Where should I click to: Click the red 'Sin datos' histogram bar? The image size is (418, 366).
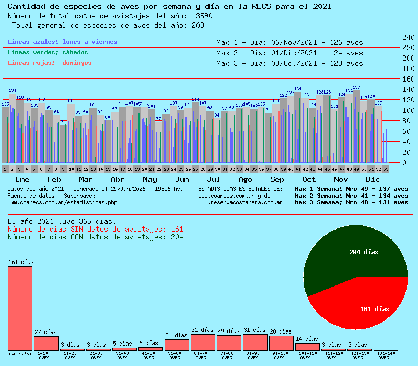coord(20,308)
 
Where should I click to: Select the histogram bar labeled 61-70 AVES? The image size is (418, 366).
coord(203,342)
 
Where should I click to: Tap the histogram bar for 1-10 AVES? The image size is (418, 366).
coord(46,344)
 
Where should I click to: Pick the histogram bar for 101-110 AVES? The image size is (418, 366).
coord(307,347)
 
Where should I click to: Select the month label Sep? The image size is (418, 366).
coord(277,179)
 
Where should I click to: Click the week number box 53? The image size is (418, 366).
coord(386,169)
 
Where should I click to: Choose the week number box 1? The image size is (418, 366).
coord(5,169)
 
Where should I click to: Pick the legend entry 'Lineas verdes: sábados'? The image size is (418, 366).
coord(48,52)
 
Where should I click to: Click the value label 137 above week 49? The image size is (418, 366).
coord(356,87)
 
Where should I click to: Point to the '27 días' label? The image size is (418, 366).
coord(45,332)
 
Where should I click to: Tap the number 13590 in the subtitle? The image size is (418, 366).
coord(202,16)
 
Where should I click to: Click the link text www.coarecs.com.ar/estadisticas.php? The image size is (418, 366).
coord(62,202)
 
